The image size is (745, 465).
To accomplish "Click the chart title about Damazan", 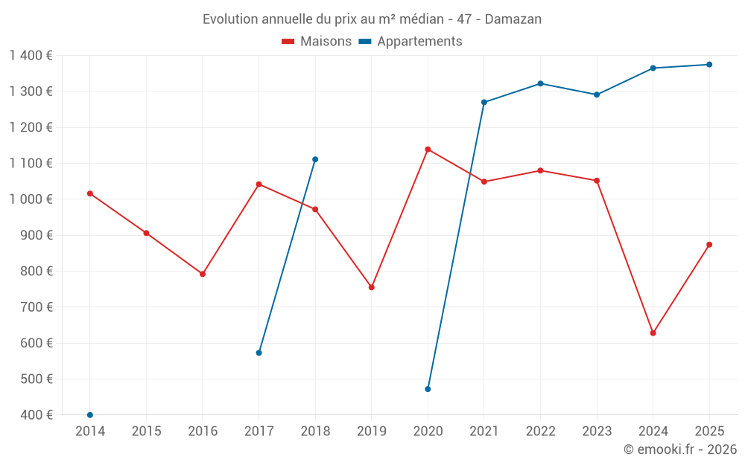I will tap(372, 19).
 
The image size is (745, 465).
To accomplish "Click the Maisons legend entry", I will tap(317, 42).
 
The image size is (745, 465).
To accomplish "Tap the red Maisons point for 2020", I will tap(428, 150).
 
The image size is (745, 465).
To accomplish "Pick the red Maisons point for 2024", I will tap(653, 333).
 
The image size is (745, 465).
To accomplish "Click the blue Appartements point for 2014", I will tap(90, 415).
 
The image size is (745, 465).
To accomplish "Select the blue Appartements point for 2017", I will tap(259, 353).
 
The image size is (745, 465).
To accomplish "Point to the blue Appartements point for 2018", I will tap(315, 159).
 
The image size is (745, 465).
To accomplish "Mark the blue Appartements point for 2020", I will tap(428, 389).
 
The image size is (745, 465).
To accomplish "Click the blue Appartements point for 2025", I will tap(709, 65).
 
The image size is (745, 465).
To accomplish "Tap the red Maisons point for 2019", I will tap(372, 287).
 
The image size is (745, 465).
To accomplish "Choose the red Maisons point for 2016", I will tap(203, 274).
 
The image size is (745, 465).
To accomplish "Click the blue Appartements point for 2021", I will tap(484, 102).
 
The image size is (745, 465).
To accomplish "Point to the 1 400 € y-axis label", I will tap(31, 56).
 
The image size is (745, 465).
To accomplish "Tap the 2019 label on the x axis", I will tap(372, 432).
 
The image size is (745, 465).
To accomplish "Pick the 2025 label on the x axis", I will tap(709, 432).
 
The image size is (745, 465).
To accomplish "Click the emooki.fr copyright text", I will tap(679, 449).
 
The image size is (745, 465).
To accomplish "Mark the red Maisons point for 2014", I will tap(90, 193).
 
